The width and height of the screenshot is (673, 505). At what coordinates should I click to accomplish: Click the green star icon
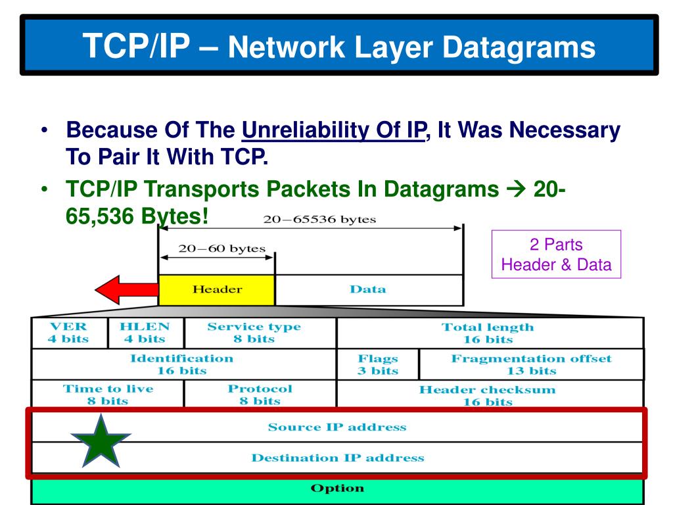click(101, 441)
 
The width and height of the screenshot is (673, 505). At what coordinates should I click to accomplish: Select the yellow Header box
click(217, 289)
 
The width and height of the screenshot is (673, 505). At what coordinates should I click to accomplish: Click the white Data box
click(368, 289)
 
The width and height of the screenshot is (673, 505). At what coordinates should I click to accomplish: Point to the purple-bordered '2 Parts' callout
click(556, 255)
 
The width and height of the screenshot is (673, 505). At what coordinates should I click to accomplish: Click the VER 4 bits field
click(68, 333)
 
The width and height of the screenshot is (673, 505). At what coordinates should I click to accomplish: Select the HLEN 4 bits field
click(145, 333)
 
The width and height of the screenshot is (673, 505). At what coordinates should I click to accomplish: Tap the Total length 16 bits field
click(487, 333)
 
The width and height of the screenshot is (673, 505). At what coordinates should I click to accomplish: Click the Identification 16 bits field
click(181, 364)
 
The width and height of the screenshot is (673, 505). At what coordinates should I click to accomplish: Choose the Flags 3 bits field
click(377, 364)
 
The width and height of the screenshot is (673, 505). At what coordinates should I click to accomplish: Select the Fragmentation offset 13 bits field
click(531, 364)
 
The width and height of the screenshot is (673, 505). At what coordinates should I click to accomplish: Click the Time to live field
click(108, 395)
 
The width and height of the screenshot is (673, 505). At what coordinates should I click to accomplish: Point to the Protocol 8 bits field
click(260, 395)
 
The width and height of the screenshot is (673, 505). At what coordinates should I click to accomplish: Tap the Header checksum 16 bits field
click(487, 395)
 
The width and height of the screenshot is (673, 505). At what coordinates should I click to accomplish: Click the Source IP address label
click(337, 427)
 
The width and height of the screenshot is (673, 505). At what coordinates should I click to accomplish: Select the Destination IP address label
click(337, 458)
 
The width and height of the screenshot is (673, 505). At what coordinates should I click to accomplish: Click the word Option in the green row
click(337, 489)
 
